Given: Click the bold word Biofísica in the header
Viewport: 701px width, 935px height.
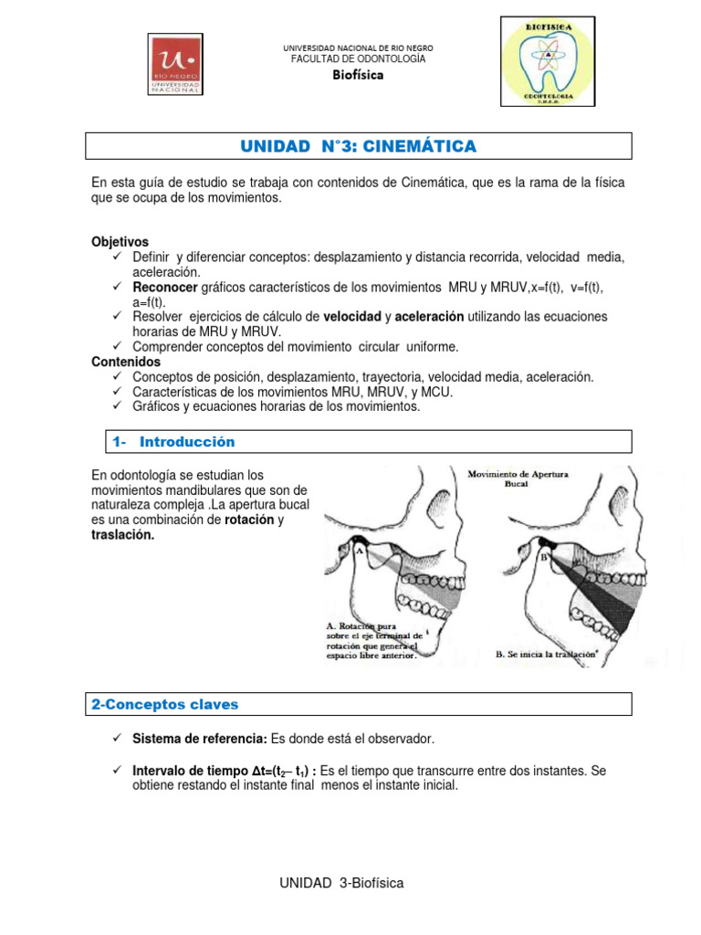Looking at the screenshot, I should click(358, 75).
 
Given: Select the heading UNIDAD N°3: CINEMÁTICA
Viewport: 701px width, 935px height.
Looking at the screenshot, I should click(358, 146).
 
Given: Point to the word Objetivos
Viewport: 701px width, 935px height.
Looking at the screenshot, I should click(120, 242).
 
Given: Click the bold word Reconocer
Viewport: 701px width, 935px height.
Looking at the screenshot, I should click(165, 287).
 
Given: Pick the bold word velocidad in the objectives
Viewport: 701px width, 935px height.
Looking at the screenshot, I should click(351, 316).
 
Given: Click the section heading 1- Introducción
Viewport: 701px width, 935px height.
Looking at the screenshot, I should click(173, 442).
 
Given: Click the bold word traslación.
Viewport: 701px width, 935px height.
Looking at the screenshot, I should click(123, 535).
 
